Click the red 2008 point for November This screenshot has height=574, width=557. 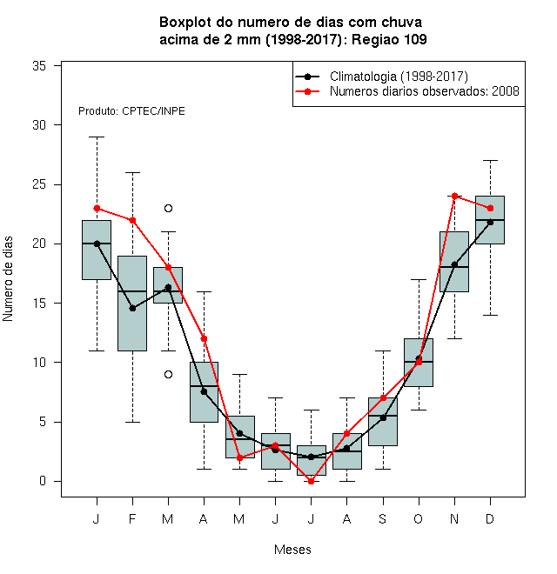[454, 197]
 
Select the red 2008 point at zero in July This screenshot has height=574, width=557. [311, 482]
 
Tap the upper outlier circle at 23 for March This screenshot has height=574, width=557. [168, 209]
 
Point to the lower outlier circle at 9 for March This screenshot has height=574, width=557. [168, 375]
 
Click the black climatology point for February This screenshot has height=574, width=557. [132, 309]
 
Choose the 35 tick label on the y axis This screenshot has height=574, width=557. [39, 66]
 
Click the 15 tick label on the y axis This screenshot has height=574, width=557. [39, 304]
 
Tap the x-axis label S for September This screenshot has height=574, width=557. [383, 518]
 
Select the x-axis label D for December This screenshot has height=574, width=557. [490, 518]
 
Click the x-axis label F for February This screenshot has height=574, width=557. [132, 518]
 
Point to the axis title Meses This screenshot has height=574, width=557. [292, 550]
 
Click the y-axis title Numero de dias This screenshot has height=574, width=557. [8, 279]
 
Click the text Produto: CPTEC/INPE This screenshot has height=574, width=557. [131, 111]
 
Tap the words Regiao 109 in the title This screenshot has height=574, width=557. [389, 39]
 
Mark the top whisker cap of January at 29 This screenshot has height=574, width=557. [97, 137]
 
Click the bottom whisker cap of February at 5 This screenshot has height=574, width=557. [132, 422]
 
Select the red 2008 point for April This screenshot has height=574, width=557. [204, 338]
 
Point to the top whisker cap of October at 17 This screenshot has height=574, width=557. [419, 279]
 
